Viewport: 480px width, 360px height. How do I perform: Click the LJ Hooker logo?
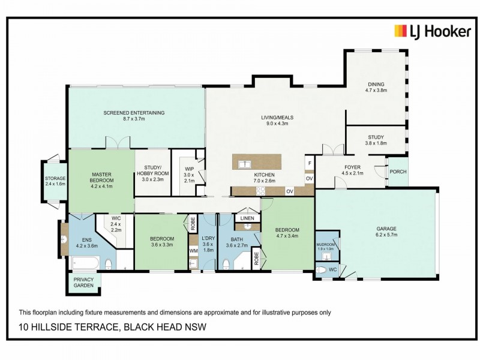pyautogui.click(x=431, y=31)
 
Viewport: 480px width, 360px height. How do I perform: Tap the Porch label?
pyautogui.click(x=398, y=172)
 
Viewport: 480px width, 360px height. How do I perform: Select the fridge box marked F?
pyautogui.click(x=309, y=163)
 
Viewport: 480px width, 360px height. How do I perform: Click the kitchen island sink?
pyautogui.click(x=244, y=164)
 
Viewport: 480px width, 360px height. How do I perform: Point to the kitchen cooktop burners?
pyautogui.click(x=262, y=191)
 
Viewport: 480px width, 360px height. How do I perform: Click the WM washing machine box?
pyautogui.click(x=193, y=250)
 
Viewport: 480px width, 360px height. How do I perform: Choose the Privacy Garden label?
pyautogui.click(x=83, y=283)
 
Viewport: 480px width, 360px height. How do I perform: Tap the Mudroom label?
pyautogui.click(x=326, y=245)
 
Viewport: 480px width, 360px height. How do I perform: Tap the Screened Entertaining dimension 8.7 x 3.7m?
pyautogui.click(x=134, y=119)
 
